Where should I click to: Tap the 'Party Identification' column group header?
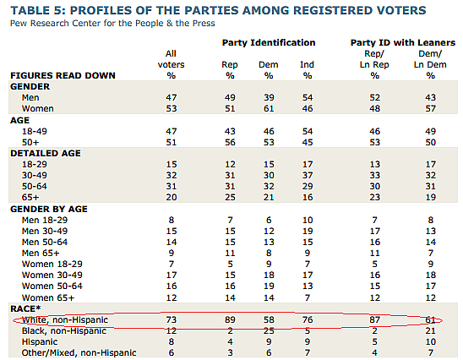[x=269, y=42]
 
